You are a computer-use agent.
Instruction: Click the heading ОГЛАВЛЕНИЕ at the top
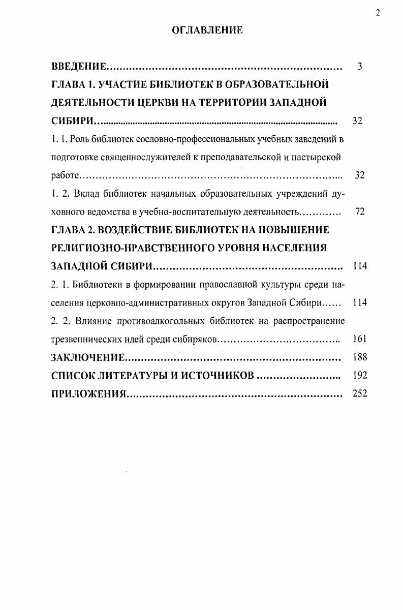pos(207,30)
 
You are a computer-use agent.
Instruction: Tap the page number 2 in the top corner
pos(378,13)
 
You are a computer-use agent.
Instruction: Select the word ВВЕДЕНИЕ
pos(79,67)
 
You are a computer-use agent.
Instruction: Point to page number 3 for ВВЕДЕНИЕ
pos(359,67)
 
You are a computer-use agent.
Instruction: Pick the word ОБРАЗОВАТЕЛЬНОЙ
pos(282,84)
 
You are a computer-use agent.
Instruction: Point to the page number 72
pos(360,211)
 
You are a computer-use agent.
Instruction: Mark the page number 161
pos(359,339)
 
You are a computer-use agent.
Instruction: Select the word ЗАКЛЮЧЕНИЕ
pos(88,357)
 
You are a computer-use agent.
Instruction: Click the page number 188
pos(359,357)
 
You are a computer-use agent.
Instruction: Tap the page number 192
pos(359,376)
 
